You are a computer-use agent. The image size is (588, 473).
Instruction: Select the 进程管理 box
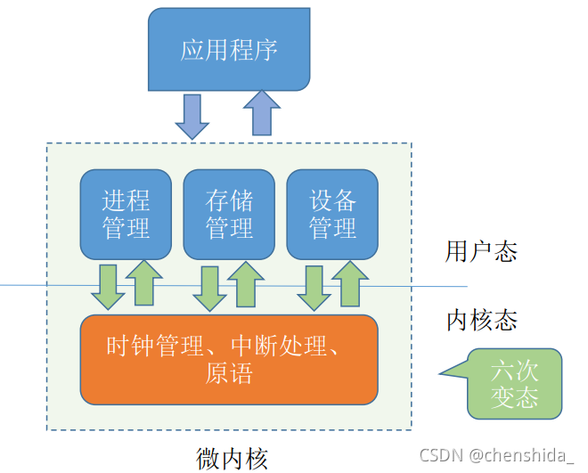(x=126, y=214)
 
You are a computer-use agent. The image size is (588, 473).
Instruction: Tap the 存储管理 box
(x=229, y=214)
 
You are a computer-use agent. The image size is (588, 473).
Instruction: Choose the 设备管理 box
(x=332, y=214)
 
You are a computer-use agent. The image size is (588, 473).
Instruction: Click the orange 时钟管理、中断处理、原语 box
(x=229, y=359)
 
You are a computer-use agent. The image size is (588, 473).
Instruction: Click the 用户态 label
(x=481, y=252)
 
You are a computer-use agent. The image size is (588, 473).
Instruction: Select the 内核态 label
(x=481, y=320)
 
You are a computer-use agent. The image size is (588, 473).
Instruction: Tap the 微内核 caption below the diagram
(x=232, y=458)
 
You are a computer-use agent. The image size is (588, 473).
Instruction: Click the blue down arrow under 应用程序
(x=192, y=116)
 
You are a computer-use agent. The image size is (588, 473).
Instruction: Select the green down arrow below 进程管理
(x=108, y=286)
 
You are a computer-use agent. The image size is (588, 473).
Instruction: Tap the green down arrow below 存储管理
(x=210, y=286)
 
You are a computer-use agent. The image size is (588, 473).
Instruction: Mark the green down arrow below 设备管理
(x=314, y=286)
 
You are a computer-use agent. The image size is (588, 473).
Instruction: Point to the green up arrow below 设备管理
(x=349, y=283)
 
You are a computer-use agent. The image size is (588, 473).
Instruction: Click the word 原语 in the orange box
(x=228, y=373)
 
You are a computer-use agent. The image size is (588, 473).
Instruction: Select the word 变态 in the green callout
(x=514, y=396)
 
